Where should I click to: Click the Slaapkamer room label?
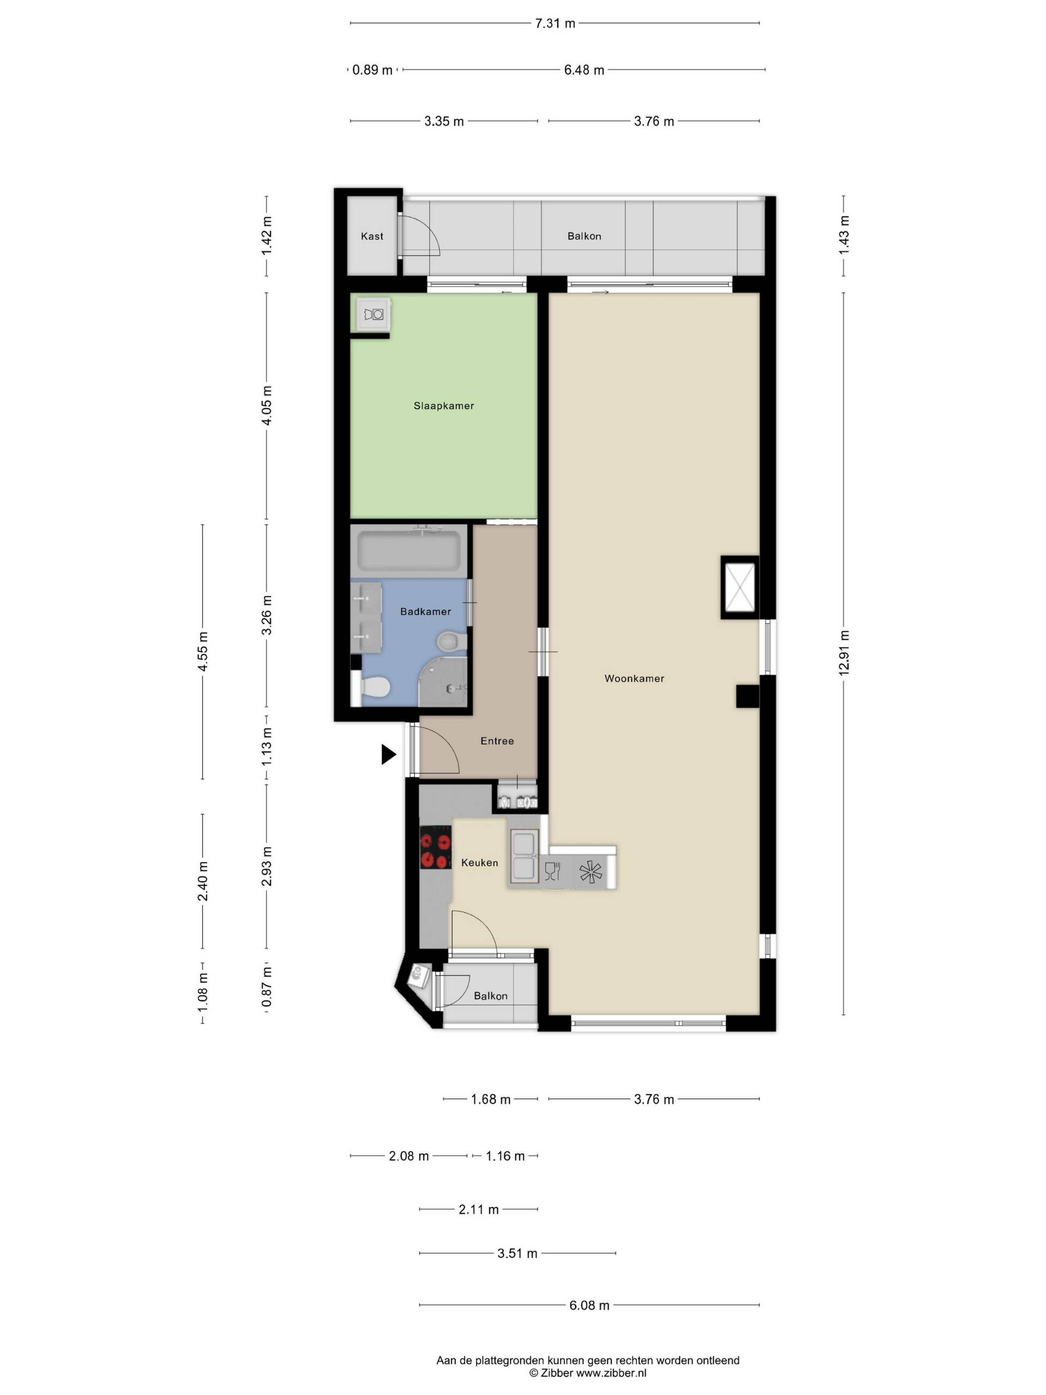coord(443,405)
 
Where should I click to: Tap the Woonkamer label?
coord(634,678)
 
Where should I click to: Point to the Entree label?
coord(497,741)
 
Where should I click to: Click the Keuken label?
coord(479,862)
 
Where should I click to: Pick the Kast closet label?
coord(372,236)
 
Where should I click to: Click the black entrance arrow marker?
coord(388,754)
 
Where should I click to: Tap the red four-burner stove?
coord(435,847)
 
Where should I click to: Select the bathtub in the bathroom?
coord(410,550)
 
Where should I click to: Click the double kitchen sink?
coord(524,854)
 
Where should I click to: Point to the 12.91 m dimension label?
coord(843,653)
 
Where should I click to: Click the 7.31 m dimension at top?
coord(555,23)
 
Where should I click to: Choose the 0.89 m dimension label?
coord(372,70)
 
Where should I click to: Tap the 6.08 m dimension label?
coord(589,1306)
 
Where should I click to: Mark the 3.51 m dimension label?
coord(517,1253)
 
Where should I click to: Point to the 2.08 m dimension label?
coord(409,1156)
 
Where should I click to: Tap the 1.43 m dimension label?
coord(843,235)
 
